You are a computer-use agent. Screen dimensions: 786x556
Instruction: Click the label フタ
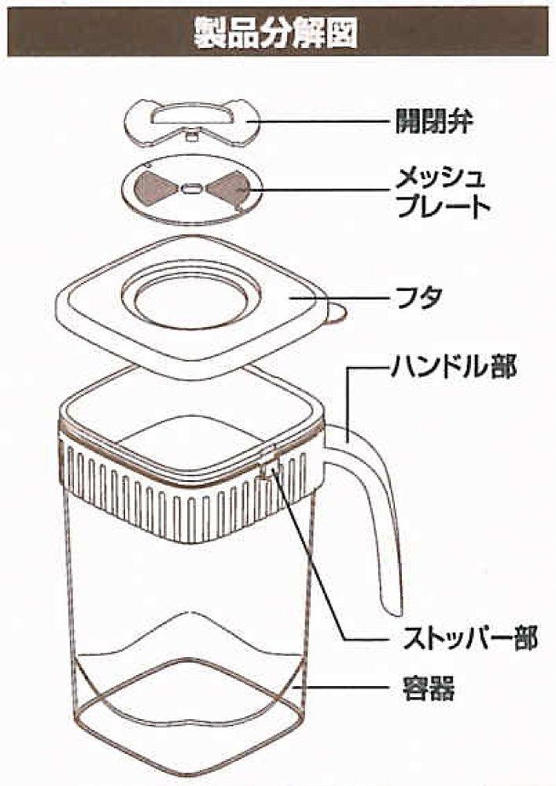pyautogui.click(x=417, y=299)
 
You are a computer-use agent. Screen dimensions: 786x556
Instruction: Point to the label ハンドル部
pyautogui.click(x=454, y=367)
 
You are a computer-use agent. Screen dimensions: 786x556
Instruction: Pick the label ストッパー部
pyautogui.click(x=459, y=638)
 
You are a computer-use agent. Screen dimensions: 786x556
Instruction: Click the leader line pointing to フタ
pyautogui.click(x=346, y=299)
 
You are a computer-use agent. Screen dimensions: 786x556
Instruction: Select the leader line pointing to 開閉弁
pyautogui.click(x=315, y=122)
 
